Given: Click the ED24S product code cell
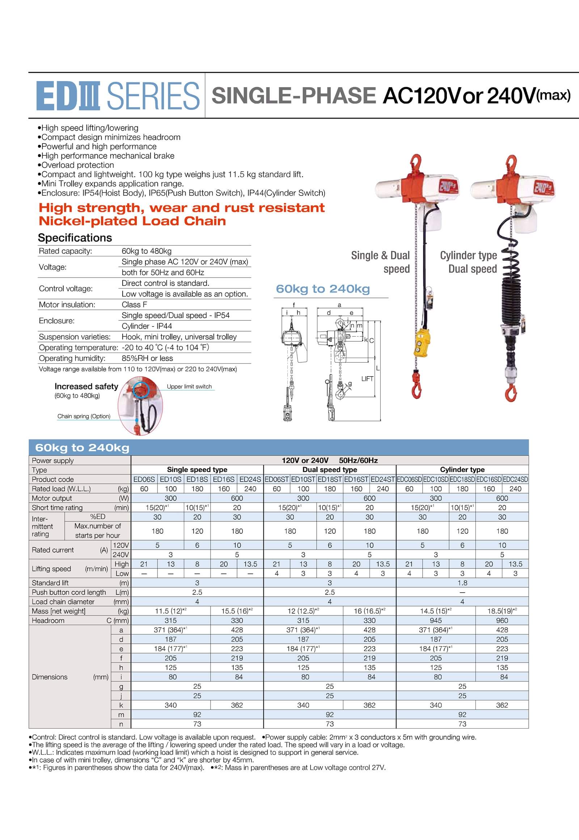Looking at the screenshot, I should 250,479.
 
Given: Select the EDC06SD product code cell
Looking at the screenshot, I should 409,479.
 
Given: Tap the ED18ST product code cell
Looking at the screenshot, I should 330,479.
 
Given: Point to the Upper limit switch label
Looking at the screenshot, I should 189,387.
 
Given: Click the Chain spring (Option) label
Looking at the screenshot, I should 84,416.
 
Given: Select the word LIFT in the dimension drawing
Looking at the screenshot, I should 367,379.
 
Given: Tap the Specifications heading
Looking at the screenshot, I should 75,238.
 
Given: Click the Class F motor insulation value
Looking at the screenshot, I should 134,304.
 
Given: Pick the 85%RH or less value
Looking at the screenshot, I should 147,358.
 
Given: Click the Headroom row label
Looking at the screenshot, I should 48,620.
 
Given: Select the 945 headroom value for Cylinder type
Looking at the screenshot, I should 436,620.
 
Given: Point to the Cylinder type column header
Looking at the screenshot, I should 462,470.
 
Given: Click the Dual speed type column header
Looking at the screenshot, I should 330,470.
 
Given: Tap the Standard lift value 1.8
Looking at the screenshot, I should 462,583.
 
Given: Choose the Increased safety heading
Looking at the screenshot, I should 86,387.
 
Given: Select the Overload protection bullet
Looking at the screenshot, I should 77,165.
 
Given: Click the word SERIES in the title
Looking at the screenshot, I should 153,96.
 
